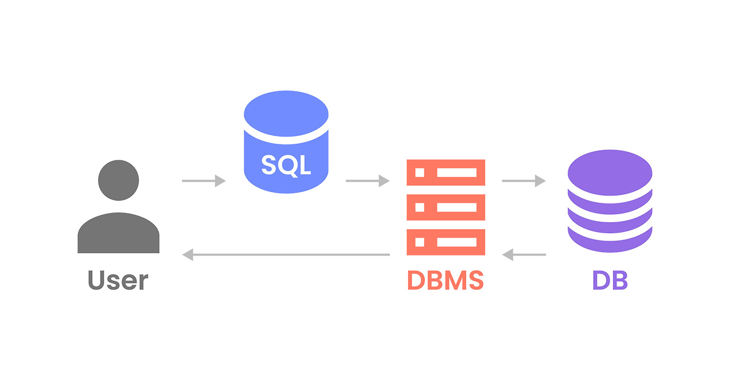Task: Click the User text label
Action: tap(118, 281)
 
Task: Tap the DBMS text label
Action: tap(446, 281)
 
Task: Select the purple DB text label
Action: tap(610, 281)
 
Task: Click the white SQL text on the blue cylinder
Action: tap(286, 165)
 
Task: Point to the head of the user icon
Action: tap(118, 180)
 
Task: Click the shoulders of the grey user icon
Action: tap(118, 235)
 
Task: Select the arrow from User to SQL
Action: tap(204, 181)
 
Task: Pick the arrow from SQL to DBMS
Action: tap(368, 181)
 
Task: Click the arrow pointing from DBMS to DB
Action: tap(524, 181)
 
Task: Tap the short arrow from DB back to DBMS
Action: tap(524, 254)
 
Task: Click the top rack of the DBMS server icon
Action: tap(446, 172)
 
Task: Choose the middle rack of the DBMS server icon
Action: tap(446, 207)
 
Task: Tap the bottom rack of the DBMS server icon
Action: tap(446, 242)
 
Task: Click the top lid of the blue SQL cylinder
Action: tap(286, 112)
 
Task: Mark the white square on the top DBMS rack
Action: tap(420, 172)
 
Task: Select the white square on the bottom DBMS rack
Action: tap(420, 242)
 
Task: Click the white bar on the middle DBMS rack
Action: tap(456, 207)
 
